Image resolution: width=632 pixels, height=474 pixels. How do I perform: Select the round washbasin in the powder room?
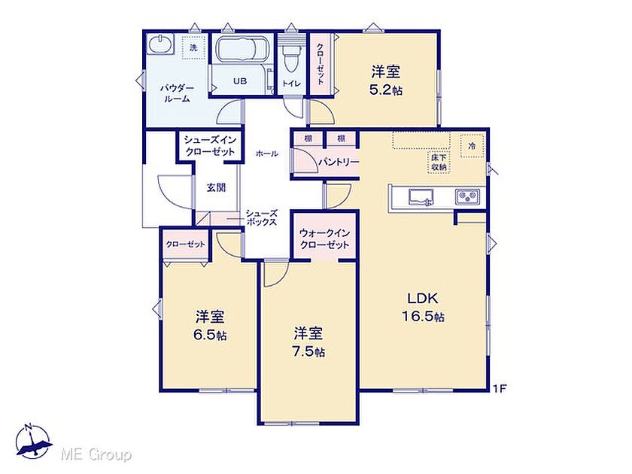160,44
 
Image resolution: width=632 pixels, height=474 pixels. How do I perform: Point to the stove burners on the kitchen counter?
467,197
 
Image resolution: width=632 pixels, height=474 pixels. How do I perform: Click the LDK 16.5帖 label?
423,307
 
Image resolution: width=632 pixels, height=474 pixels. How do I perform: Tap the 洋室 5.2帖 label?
386,81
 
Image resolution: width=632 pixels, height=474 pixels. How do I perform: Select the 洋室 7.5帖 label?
308,342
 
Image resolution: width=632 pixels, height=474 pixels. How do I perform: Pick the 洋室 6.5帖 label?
210,326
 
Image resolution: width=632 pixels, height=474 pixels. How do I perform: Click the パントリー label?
339,162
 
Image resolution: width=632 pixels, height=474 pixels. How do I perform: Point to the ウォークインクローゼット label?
325,239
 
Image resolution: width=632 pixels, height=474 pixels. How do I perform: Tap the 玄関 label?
217,187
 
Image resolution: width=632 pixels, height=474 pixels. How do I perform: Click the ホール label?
267,153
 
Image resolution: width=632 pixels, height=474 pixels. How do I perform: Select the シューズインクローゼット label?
210,145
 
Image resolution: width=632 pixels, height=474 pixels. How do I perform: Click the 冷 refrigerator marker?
472,146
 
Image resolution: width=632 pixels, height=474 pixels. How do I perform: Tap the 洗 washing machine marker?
194,48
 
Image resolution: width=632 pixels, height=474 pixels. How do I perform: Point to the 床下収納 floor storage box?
439,162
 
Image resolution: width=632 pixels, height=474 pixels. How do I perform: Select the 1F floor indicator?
500,389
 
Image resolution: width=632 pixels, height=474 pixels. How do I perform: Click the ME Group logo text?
96,455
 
